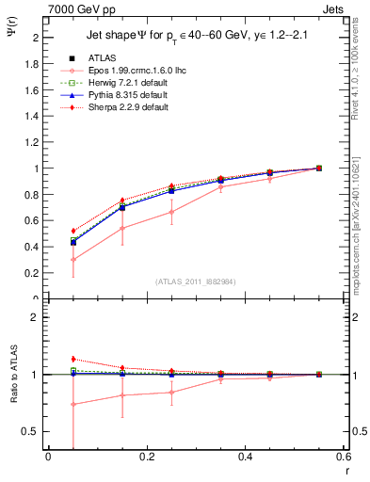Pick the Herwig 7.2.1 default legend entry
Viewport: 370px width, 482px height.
(126, 83)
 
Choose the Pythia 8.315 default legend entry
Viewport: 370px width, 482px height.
(126, 95)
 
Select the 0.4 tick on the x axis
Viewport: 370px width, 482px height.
(245, 458)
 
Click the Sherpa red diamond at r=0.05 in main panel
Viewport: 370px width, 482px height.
(73, 231)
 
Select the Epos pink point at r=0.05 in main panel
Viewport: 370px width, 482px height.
(73, 260)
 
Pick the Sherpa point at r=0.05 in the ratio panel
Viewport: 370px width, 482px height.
(73, 359)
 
